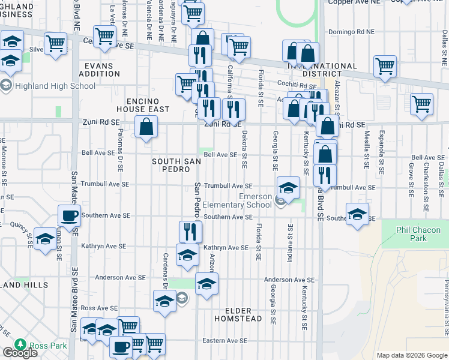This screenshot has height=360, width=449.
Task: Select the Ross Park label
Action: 48,346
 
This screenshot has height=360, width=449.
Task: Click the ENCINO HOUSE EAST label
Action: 147,105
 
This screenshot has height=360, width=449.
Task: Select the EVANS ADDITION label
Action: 102,70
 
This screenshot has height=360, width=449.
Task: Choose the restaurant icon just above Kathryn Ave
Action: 190,231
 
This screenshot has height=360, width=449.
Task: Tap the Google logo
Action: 20,353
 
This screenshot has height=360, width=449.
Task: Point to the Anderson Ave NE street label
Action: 289,280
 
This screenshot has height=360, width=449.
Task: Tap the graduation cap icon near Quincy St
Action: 44,238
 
